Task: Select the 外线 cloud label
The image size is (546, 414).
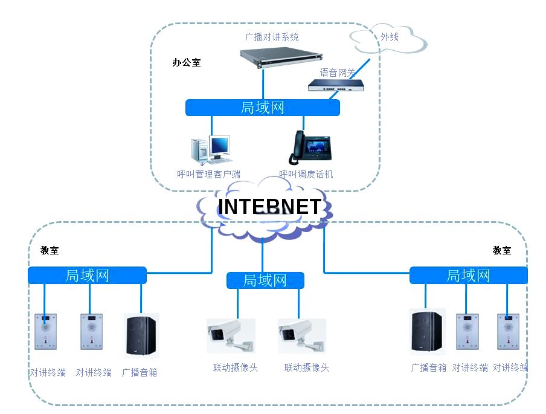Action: point(390,37)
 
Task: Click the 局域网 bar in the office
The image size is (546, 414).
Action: point(262,108)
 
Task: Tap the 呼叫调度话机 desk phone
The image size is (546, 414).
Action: point(309,147)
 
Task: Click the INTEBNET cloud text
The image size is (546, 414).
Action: point(269,207)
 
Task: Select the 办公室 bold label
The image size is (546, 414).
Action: point(187,62)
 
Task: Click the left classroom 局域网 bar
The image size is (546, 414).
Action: point(87,276)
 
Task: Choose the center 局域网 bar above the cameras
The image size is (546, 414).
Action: point(265,280)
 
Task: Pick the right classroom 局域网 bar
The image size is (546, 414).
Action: point(468,276)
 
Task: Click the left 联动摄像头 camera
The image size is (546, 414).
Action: point(230,336)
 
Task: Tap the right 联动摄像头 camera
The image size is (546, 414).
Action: point(301,336)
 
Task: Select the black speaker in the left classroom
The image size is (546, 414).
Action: point(141,335)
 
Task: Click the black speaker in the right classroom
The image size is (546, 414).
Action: point(426,331)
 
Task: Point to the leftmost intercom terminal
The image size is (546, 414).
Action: point(45,331)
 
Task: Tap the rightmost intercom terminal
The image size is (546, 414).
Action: point(509,331)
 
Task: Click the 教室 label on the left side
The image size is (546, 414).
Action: point(50,250)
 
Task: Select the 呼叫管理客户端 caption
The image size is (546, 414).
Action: point(208,174)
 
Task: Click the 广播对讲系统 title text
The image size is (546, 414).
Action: point(272,37)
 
